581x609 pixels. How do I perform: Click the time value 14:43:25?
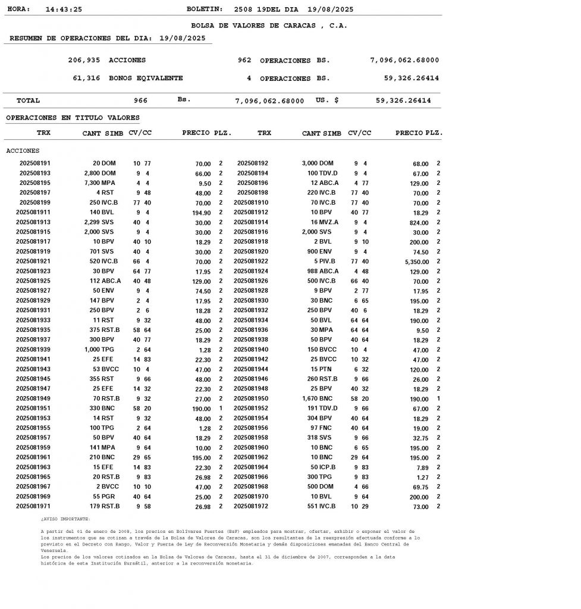64,10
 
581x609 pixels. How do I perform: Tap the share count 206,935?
84,60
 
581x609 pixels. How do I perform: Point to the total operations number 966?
140,101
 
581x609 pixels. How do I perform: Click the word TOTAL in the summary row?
28,101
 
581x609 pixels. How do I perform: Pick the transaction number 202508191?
35,163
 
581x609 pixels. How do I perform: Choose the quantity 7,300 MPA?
99,183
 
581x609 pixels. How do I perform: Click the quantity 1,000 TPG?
99,350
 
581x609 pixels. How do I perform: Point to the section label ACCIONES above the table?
23,150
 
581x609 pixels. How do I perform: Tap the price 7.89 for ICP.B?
421,467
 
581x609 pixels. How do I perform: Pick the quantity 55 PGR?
104,497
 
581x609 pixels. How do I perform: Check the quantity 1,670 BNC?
318,398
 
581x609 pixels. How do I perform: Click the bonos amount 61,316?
86,78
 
